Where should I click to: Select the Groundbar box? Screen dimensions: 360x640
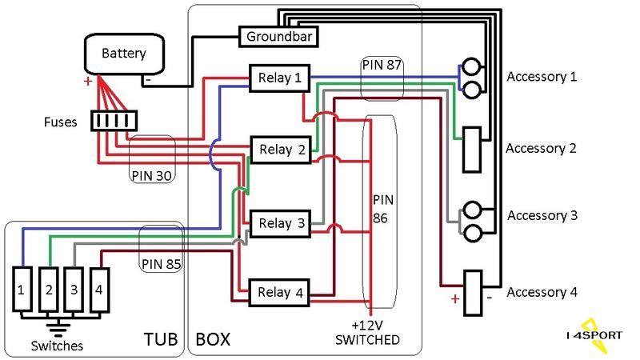(278, 37)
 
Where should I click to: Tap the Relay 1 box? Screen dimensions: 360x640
(279, 78)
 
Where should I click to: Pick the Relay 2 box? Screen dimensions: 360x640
(281, 150)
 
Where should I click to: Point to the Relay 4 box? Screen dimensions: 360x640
(279, 293)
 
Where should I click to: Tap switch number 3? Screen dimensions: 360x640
(74, 286)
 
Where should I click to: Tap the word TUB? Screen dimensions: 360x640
(159, 338)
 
